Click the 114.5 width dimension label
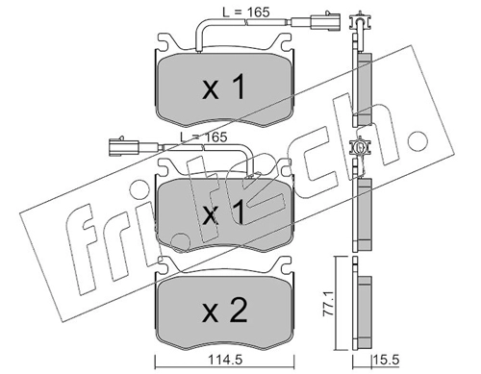pyautogui.click(x=225, y=361)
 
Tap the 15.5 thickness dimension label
pyautogui.click(x=386, y=361)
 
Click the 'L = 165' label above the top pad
pyautogui.click(x=246, y=12)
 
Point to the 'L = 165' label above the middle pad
pyautogui.click(x=203, y=137)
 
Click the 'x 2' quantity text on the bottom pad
pyautogui.click(x=225, y=310)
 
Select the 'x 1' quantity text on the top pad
pyautogui.click(x=223, y=87)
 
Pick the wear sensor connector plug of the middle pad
pyautogui.click(x=124, y=146)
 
